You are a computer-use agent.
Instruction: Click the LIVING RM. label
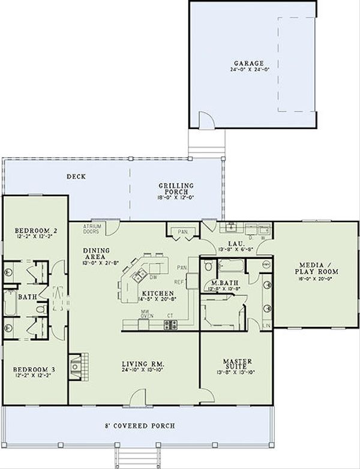(x=143, y=364)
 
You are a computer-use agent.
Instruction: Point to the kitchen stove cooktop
(x=170, y=324)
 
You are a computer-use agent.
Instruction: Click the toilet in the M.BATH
(x=208, y=266)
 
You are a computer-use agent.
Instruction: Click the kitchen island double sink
(x=139, y=275)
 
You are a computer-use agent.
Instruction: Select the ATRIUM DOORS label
(x=91, y=228)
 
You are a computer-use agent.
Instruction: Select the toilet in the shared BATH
(x=40, y=309)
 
